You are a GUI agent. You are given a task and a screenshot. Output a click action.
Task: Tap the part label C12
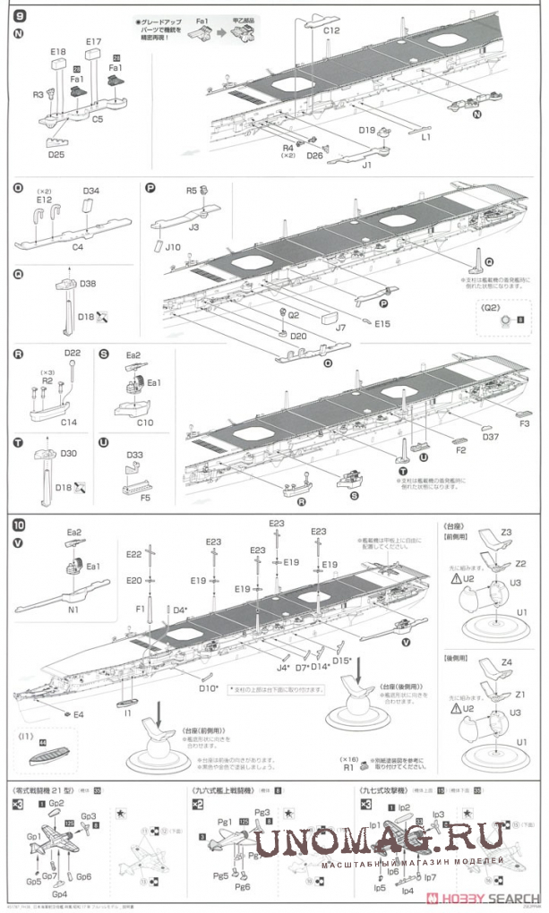tap(332, 31)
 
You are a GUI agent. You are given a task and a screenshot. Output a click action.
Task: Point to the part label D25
tap(56, 153)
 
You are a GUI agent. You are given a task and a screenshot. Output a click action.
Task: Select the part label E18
tap(57, 53)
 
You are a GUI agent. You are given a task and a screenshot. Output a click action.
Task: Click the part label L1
tap(426, 137)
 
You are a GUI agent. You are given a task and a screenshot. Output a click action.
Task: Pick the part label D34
tap(91, 191)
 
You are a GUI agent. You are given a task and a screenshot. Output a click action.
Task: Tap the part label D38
tap(88, 284)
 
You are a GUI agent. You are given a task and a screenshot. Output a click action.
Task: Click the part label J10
tap(173, 246)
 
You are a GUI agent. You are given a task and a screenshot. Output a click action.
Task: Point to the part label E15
tap(383, 322)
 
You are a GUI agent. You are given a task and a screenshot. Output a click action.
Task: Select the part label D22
tap(73, 354)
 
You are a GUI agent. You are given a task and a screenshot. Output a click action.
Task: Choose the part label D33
tap(134, 455)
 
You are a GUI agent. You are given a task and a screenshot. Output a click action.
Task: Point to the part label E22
tap(134, 555)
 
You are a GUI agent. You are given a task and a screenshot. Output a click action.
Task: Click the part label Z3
tap(506, 532)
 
